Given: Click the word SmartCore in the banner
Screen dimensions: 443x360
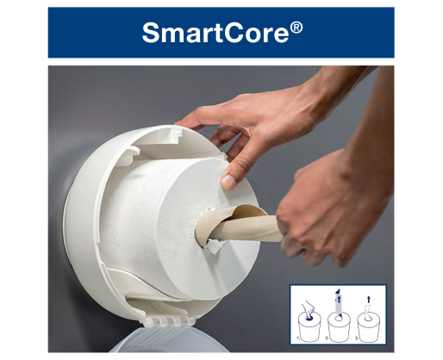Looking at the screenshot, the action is [x=215, y=33].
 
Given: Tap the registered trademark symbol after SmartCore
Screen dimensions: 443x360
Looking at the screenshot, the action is [x=296, y=28].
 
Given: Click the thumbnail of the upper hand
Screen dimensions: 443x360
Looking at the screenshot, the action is [x=228, y=182].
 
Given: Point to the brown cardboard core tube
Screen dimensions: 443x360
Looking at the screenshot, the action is [x=240, y=227].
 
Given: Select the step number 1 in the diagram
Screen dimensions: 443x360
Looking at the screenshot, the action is [x=298, y=338].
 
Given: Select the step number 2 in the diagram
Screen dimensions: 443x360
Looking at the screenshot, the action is [x=327, y=338].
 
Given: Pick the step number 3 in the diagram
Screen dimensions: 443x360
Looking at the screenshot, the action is [x=356, y=338].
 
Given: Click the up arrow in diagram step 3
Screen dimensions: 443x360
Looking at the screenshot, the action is [x=369, y=300].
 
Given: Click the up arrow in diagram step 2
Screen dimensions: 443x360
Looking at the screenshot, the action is [x=339, y=300].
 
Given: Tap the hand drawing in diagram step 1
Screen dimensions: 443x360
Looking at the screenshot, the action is [x=309, y=309].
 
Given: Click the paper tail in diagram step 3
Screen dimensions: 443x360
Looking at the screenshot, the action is [x=367, y=313].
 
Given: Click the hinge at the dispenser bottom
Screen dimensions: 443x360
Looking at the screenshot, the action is [x=170, y=321].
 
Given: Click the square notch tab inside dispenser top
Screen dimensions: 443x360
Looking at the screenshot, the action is [x=176, y=132].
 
